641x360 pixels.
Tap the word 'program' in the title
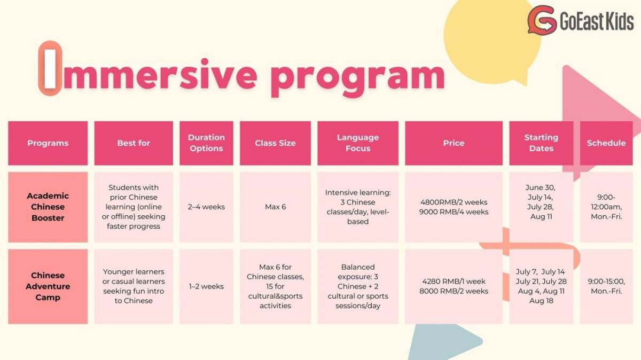pyautogui.click(x=358, y=79)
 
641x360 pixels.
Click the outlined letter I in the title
pyautogui.click(x=50, y=68)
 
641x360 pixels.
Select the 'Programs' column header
pyautogui.click(x=48, y=143)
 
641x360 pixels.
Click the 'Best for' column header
pyautogui.click(x=134, y=143)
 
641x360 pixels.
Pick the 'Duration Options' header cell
pyautogui.click(x=206, y=143)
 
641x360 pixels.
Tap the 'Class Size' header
pyautogui.click(x=275, y=143)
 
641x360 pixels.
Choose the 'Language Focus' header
pyautogui.click(x=358, y=143)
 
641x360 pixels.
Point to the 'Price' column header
pyautogui.click(x=454, y=143)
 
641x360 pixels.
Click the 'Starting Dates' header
pyautogui.click(x=541, y=143)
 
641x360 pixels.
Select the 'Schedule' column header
pyautogui.click(x=606, y=143)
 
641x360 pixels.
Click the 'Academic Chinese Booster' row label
pyautogui.click(x=48, y=207)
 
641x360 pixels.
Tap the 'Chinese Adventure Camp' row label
pyautogui.click(x=48, y=286)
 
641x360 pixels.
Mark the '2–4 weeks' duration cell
pyautogui.click(x=206, y=207)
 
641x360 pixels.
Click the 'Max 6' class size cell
pyautogui.click(x=275, y=207)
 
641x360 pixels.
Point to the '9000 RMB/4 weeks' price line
pyautogui.click(x=454, y=212)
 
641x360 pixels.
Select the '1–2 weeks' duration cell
pyautogui.click(x=206, y=286)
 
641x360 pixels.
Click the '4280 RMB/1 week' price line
pyautogui.click(x=454, y=281)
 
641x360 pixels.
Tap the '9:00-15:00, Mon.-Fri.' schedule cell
pyautogui.click(x=606, y=286)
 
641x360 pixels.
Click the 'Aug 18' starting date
pyautogui.click(x=541, y=301)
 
